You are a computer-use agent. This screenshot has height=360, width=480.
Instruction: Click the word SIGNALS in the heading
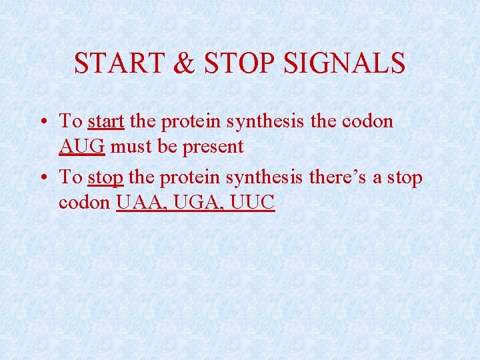(344, 63)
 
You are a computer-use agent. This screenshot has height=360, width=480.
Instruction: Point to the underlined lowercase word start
(106, 121)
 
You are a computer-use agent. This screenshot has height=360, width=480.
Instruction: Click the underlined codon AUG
(81, 146)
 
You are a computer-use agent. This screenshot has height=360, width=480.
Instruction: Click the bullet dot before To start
(42, 122)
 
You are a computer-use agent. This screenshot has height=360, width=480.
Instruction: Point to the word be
(166, 146)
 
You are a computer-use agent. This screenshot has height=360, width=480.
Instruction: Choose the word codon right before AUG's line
(367, 121)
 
